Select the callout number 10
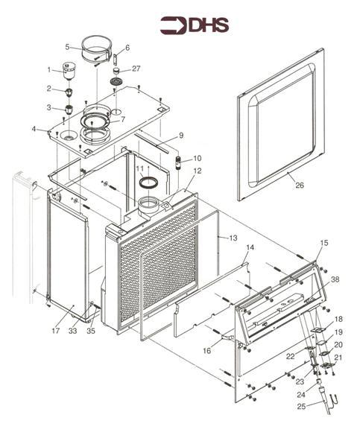[x=197, y=158]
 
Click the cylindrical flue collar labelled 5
[x=96, y=50]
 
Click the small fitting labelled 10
[x=179, y=162]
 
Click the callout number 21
[x=338, y=357]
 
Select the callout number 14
[x=250, y=247]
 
